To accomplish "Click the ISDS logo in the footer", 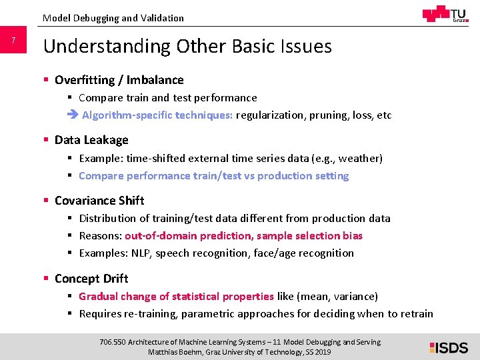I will click(x=449, y=347).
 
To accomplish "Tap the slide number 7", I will click(x=13, y=41).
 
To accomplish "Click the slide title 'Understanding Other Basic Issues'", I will click(x=187, y=46).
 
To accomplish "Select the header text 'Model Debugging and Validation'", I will click(x=113, y=18).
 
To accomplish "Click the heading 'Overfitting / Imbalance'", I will click(x=119, y=80).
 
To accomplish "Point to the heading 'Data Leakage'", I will click(x=91, y=140).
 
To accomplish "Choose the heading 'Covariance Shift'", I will click(x=99, y=200).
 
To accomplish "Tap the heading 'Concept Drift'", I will click(x=91, y=278).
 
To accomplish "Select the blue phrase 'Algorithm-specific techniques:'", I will click(x=157, y=115).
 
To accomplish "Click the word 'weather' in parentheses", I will click(x=359, y=158).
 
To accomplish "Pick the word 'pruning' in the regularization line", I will click(x=328, y=115).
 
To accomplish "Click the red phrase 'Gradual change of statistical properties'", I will click(x=176, y=296).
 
